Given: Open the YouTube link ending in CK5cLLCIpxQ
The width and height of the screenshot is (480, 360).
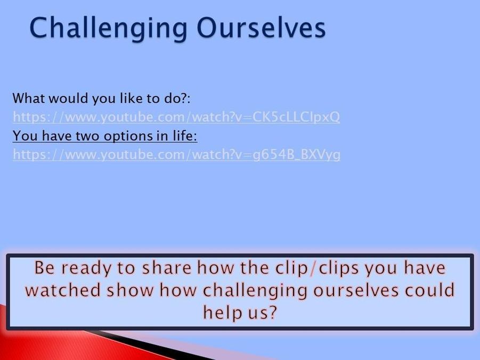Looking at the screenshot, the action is [176, 117].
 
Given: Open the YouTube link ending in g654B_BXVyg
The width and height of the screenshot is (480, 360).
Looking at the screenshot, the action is [177, 154].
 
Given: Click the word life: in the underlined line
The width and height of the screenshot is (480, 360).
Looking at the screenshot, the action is [185, 135].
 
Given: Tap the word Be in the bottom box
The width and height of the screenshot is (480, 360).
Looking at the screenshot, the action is [45, 267].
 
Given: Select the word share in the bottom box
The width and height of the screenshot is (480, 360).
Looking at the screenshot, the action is [167, 267].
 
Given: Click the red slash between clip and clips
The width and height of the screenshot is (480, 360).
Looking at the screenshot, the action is [313, 268].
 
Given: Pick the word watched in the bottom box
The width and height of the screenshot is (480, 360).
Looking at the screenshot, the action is [63, 290].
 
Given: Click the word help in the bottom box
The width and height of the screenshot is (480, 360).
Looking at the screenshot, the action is [223, 313].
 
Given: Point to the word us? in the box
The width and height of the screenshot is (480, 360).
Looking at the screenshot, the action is [262, 313].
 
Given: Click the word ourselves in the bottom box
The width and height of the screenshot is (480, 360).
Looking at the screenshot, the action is [356, 290].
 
